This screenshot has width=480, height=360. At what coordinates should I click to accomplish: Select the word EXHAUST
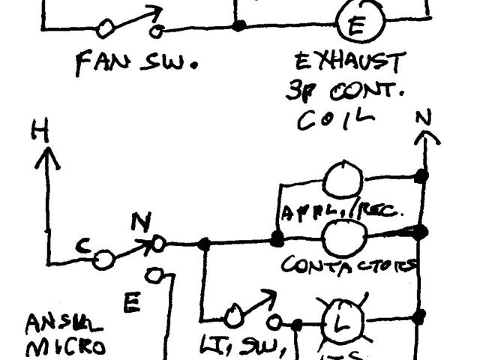349,62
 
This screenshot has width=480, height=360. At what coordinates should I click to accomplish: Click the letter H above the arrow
39,132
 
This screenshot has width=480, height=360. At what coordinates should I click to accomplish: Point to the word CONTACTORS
349,265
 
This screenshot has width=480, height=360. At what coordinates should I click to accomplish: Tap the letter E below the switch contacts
132,303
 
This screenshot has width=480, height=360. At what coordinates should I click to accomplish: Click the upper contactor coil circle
343,180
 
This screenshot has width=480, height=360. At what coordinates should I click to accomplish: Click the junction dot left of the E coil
239,25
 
